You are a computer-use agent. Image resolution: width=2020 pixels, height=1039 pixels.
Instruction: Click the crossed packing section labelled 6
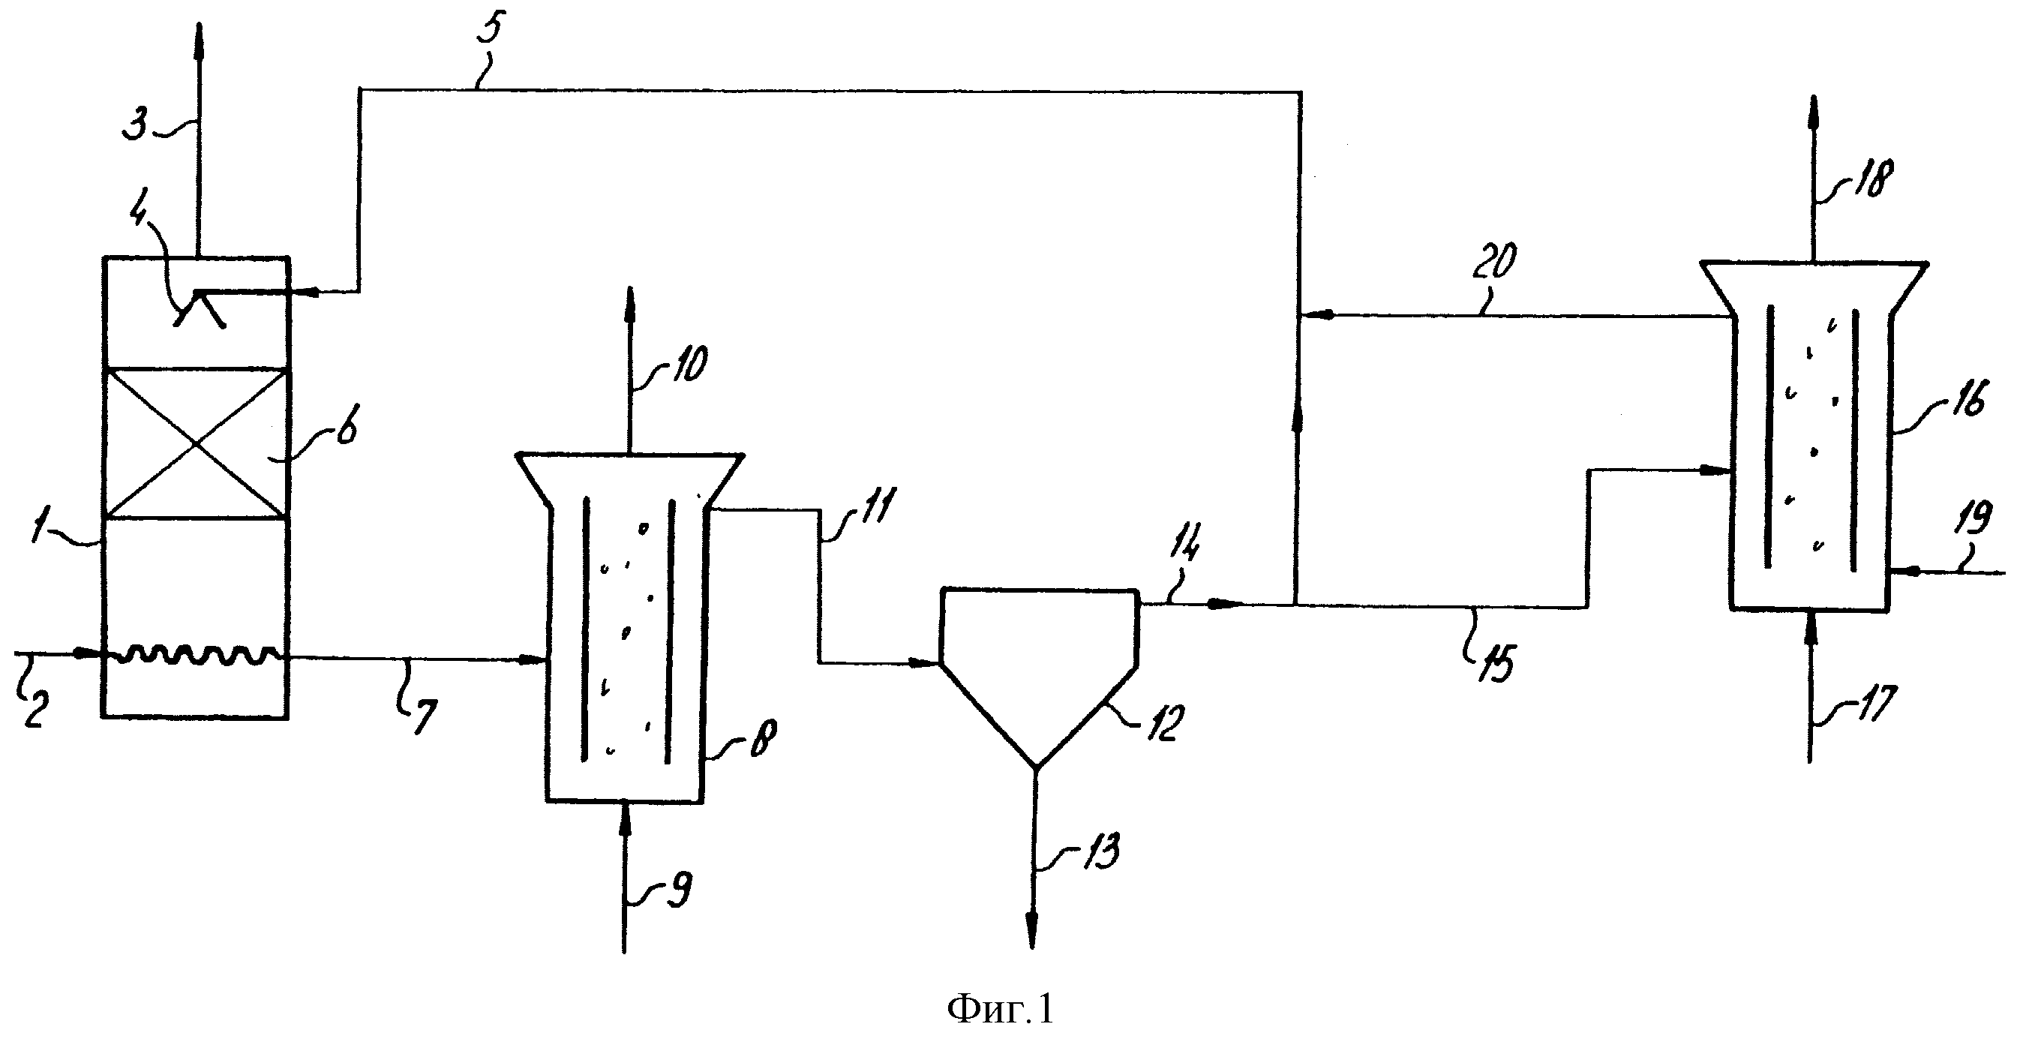tap(195, 443)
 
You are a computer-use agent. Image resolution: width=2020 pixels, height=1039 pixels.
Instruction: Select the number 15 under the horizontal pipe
tap(1495, 663)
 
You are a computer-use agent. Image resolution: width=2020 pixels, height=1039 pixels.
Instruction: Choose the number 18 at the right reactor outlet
tap(1872, 177)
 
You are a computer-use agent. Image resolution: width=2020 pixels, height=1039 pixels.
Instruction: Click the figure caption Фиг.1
tap(1000, 1010)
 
